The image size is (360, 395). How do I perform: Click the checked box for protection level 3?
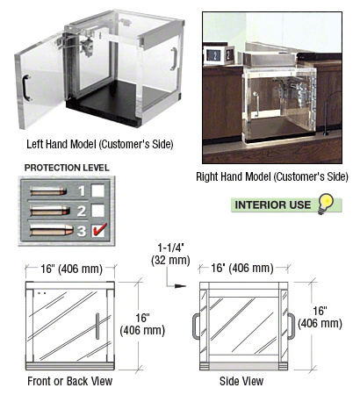click(x=98, y=230)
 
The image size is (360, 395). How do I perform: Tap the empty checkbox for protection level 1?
click(x=97, y=190)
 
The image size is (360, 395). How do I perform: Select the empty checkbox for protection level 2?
click(x=97, y=211)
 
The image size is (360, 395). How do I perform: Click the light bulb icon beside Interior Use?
click(x=326, y=204)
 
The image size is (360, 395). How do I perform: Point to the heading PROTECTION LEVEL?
click(x=67, y=168)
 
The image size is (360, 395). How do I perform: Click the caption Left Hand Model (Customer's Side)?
click(x=100, y=144)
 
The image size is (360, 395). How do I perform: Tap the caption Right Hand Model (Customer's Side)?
click(x=272, y=176)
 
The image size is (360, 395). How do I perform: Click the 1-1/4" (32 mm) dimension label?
click(x=170, y=255)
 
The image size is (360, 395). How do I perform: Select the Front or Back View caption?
click(x=70, y=381)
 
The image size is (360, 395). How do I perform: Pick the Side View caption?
click(x=241, y=381)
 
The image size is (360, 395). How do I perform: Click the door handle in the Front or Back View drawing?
click(x=97, y=326)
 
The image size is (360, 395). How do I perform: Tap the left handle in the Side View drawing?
click(x=196, y=327)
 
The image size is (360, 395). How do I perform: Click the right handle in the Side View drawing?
click(x=291, y=327)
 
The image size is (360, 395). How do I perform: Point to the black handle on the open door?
click(x=26, y=88)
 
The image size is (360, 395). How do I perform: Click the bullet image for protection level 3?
click(x=52, y=230)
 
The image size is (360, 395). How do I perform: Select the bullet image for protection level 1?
click(x=48, y=191)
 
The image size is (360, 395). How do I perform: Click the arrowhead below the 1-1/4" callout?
click(x=181, y=286)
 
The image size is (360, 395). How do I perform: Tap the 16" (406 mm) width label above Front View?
click(x=71, y=269)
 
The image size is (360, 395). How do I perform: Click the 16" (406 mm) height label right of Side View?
click(x=320, y=317)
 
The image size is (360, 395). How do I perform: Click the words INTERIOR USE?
click(x=273, y=205)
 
